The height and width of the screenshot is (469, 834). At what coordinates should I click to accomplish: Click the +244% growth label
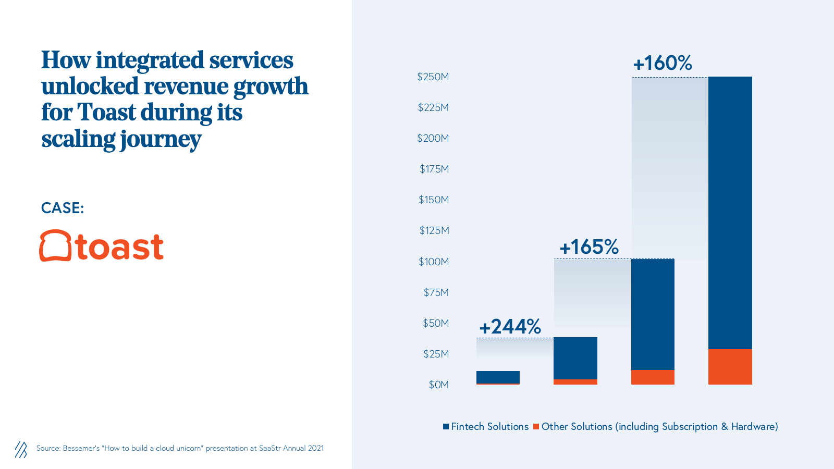(x=510, y=327)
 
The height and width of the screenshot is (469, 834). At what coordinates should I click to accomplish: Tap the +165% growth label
(x=588, y=247)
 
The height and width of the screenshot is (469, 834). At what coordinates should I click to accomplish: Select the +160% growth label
(x=662, y=63)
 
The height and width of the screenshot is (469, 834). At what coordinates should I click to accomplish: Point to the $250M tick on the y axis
(x=433, y=77)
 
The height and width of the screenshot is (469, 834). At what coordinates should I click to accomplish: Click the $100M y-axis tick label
(x=433, y=262)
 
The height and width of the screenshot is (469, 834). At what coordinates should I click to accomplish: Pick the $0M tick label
(x=438, y=385)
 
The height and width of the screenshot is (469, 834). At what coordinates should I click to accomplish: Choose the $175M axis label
(x=434, y=169)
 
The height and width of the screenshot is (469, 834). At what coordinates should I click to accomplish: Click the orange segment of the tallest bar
(x=730, y=367)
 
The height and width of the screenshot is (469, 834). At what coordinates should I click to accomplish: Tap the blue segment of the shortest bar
(x=498, y=377)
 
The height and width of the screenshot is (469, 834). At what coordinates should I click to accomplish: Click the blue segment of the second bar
(x=575, y=358)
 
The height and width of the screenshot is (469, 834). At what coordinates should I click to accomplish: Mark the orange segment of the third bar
(x=653, y=377)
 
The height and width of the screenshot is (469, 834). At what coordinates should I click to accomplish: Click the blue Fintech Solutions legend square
(x=446, y=426)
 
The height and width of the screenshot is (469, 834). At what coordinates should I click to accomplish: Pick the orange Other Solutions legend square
(x=536, y=426)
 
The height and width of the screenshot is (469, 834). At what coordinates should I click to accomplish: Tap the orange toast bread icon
(x=55, y=245)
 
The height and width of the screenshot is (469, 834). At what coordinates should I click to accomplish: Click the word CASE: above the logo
(x=63, y=208)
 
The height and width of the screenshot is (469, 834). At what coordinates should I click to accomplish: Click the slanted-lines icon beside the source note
(x=21, y=449)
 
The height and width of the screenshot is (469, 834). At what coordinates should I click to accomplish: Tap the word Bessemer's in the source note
(x=81, y=448)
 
